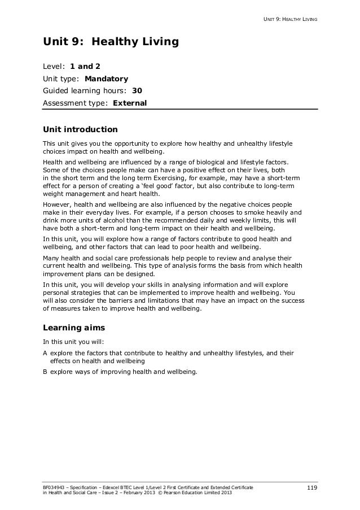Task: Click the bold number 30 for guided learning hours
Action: tap(137, 90)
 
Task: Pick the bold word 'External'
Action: tap(130, 103)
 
